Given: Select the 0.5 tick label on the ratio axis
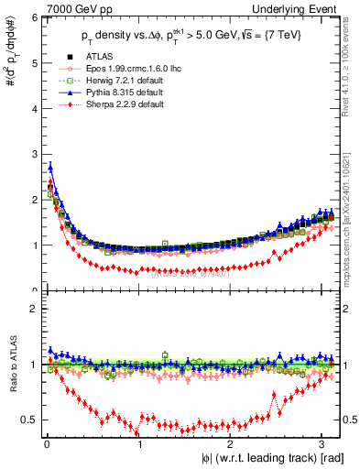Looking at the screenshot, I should tap(30, 420).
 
